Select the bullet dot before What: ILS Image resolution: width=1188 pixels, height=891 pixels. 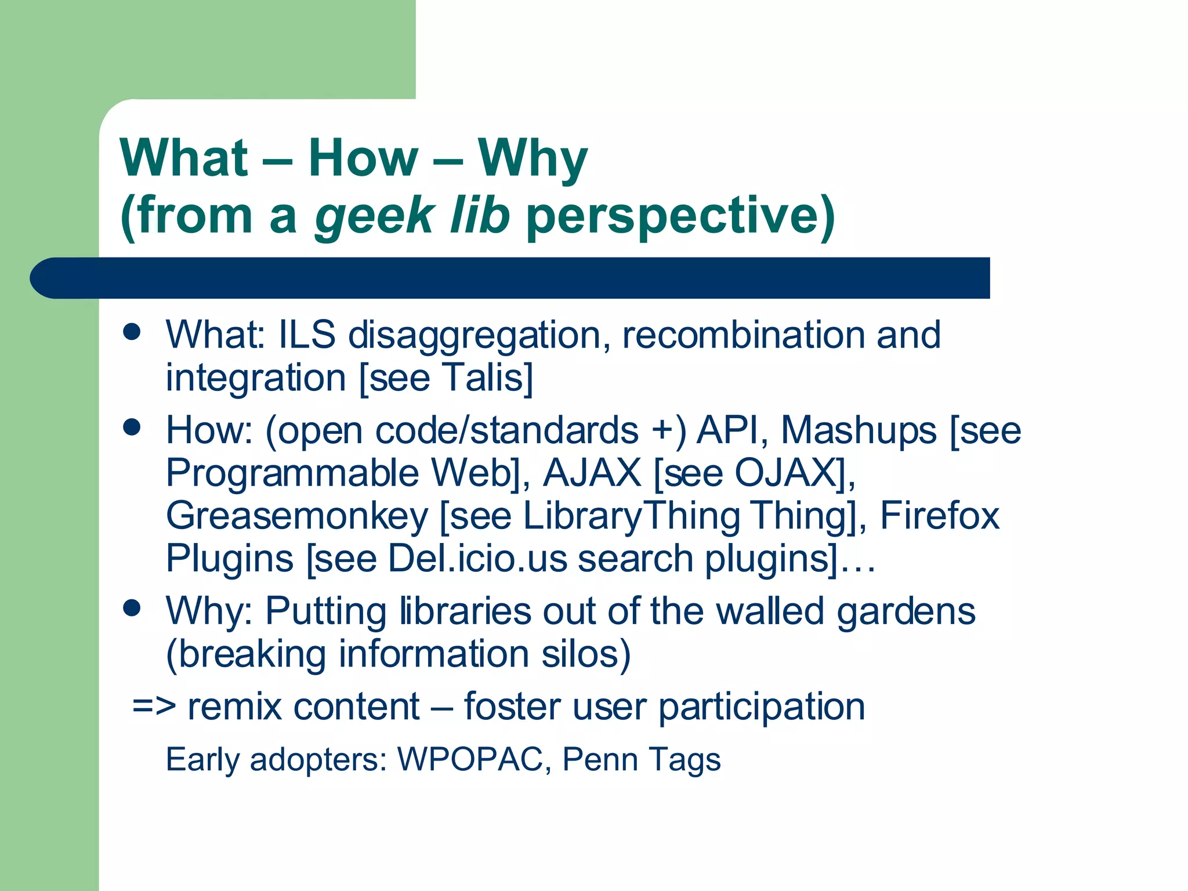132,332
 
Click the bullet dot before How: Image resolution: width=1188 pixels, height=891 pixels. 132,428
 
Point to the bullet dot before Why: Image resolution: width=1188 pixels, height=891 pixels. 132,608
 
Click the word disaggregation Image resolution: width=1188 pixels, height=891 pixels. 479,335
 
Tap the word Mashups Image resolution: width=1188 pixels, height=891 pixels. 859,431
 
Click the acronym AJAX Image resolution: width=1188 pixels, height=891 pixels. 592,473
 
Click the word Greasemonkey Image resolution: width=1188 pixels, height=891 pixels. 297,516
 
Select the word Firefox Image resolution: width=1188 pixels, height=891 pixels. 940,515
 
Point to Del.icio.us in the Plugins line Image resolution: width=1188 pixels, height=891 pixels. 477,559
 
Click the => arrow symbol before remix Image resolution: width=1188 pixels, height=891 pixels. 154,707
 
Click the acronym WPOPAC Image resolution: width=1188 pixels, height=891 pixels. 470,759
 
